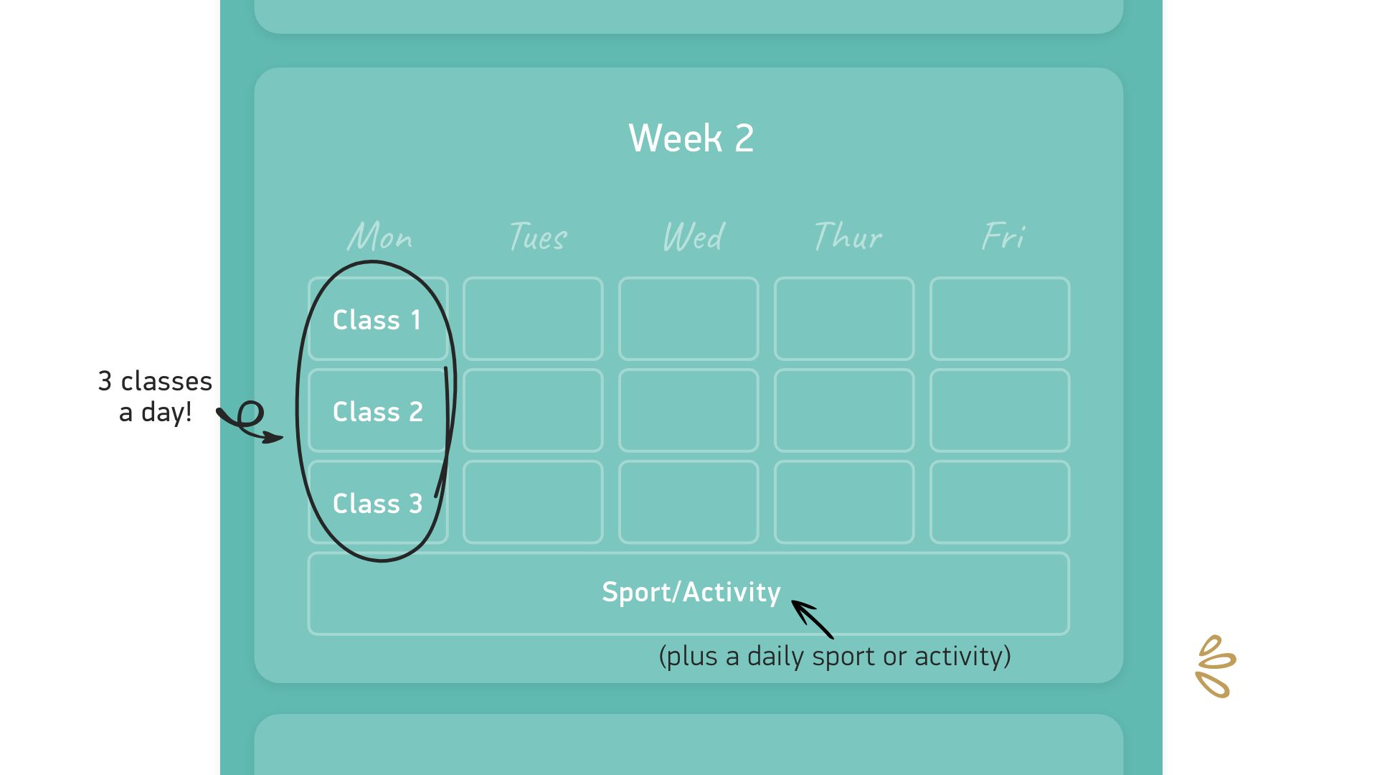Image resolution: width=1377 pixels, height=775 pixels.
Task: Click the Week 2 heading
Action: pyautogui.click(x=691, y=138)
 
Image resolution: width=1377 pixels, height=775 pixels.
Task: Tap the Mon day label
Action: pyautogui.click(x=379, y=236)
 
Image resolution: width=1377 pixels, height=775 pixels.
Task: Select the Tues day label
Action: pyautogui.click(x=538, y=236)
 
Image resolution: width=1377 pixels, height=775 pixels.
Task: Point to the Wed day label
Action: pyautogui.click(x=694, y=236)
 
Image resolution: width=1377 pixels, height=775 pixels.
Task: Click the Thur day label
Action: pyautogui.click(x=848, y=236)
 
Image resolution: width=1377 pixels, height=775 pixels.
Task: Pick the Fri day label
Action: pyautogui.click(x=1003, y=236)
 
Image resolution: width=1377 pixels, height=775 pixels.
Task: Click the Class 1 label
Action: pyautogui.click(x=377, y=320)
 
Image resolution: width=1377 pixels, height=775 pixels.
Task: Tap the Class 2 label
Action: pyautogui.click(x=378, y=412)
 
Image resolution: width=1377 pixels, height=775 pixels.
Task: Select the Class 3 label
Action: pyautogui.click(x=378, y=504)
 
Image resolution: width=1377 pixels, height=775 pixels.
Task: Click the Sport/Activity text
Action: pyautogui.click(x=691, y=593)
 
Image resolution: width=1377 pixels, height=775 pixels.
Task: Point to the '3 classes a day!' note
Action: pyautogui.click(x=155, y=396)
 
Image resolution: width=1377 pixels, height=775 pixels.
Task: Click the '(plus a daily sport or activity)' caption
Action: pyautogui.click(x=835, y=657)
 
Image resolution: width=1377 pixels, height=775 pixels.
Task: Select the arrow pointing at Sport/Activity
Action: pyautogui.click(x=812, y=619)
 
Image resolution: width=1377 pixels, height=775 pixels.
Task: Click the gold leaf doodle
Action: pyautogui.click(x=1216, y=667)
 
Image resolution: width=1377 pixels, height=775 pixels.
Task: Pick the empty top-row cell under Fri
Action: pyautogui.click(x=1000, y=319)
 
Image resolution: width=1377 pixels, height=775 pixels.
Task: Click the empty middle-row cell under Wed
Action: pyautogui.click(x=688, y=410)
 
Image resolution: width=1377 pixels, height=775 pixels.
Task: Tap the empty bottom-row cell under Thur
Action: pyautogui.click(x=844, y=502)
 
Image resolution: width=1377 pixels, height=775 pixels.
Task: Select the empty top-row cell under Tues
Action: pyautogui.click(x=533, y=319)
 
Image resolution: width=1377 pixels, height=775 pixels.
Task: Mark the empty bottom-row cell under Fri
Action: pyautogui.click(x=1000, y=502)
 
